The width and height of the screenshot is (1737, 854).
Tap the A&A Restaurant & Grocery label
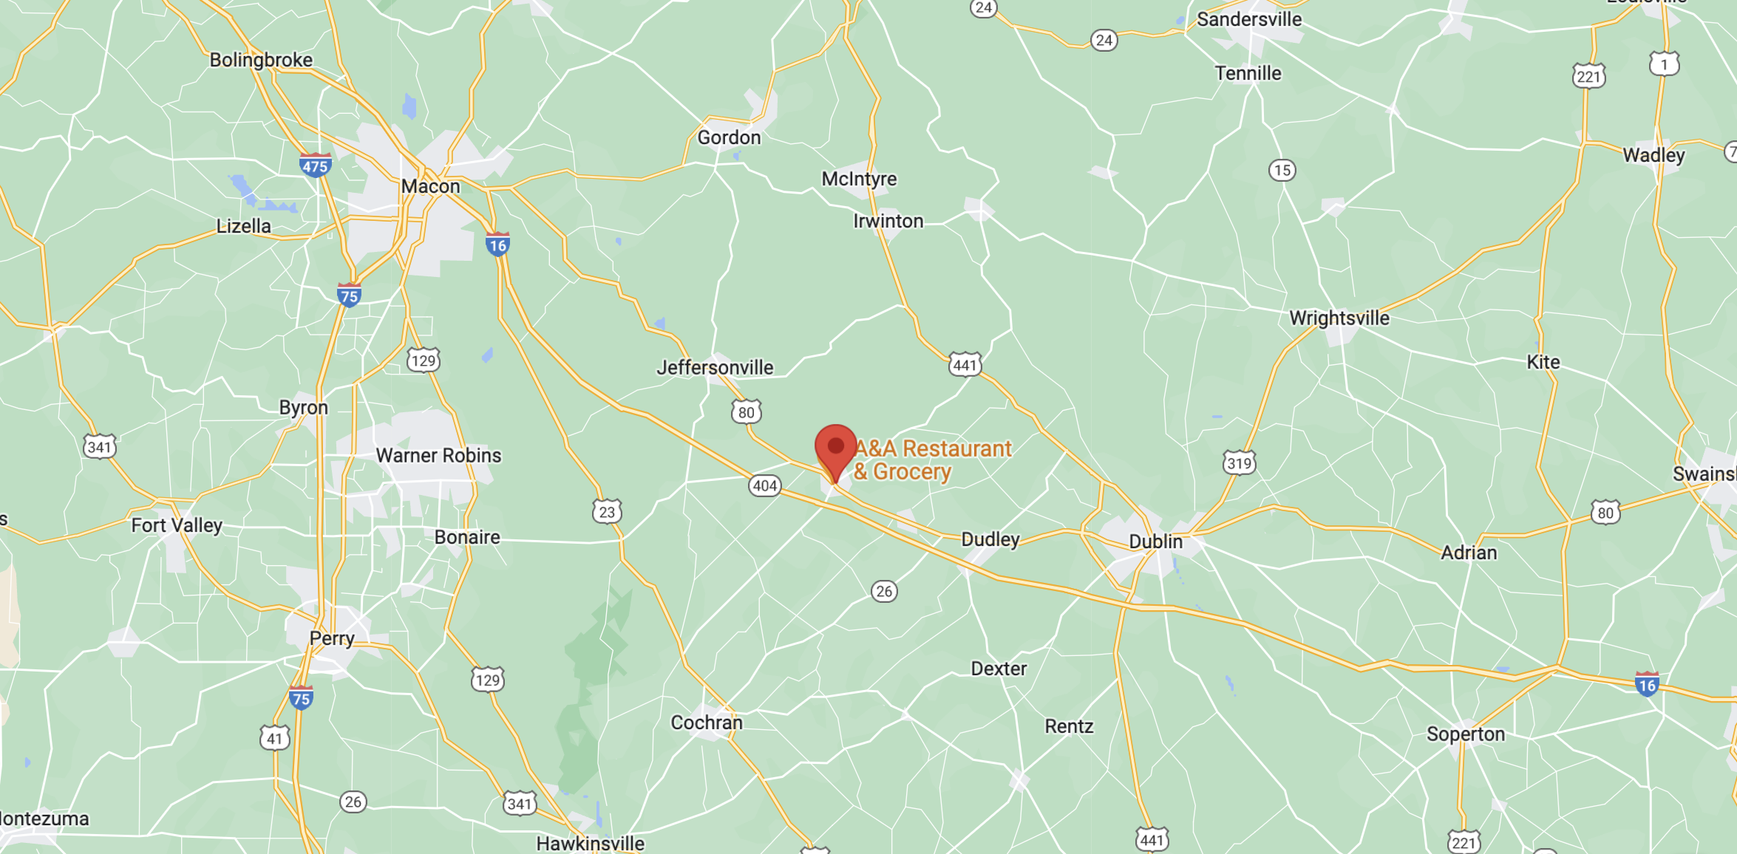coord(933,460)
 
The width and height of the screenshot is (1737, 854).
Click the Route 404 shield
coord(764,485)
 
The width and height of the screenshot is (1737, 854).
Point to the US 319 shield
coord(1239,462)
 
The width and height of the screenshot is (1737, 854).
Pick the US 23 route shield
coord(607,511)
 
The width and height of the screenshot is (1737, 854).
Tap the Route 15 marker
coord(1282,170)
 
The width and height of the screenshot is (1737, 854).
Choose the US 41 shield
coord(274,737)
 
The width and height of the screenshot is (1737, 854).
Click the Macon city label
coord(430,186)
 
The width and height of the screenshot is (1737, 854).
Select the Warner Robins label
coord(438,455)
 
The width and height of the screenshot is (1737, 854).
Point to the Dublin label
coord(1155,542)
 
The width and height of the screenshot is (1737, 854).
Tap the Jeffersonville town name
coord(715,367)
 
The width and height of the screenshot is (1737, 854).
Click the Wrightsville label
coord(1339,318)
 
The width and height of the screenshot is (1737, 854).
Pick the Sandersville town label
coord(1248,19)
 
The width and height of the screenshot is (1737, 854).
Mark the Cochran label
coord(706,722)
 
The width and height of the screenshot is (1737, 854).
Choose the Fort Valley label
coord(177,525)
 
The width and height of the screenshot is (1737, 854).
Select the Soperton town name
coord(1465,734)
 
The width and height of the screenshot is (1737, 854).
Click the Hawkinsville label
coord(590,843)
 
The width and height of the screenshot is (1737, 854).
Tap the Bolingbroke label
coord(261,60)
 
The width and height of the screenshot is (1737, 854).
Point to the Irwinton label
coord(888,221)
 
